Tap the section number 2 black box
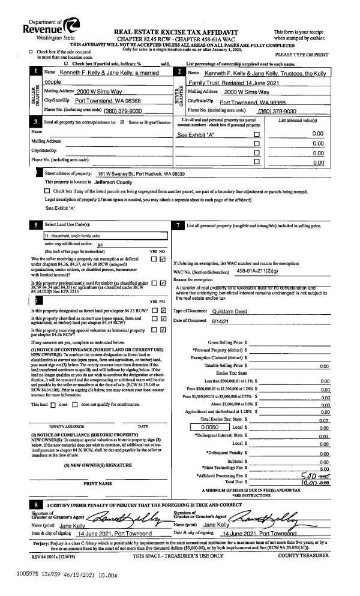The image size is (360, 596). point(179,72)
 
